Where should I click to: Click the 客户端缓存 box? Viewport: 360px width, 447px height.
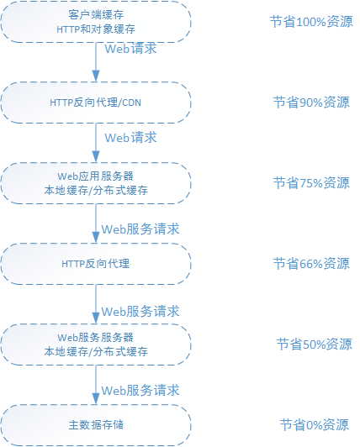click(96, 22)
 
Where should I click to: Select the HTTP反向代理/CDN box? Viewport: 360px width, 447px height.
click(96, 103)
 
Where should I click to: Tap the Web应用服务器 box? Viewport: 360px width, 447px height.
click(96, 183)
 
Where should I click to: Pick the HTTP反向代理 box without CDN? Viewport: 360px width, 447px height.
click(96, 264)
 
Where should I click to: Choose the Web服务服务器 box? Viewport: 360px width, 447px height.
click(96, 344)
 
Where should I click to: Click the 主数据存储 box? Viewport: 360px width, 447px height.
click(96, 425)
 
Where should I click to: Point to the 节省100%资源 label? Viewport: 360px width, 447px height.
click(311, 22)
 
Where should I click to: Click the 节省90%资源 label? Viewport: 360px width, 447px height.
click(311, 103)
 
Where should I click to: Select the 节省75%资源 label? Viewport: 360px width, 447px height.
click(311, 183)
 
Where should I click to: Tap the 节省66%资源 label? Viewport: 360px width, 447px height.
click(311, 264)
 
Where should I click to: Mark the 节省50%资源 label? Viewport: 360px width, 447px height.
click(314, 344)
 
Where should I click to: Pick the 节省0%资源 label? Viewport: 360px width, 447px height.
click(314, 425)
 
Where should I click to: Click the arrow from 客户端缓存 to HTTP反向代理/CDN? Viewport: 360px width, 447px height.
click(96, 62)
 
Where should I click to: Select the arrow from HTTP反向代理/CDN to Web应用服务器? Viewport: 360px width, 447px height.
click(96, 143)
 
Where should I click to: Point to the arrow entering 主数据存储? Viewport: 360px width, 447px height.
click(96, 385)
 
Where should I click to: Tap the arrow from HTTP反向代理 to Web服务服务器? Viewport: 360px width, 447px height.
click(96, 304)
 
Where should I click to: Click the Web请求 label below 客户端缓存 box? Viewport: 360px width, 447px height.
click(130, 49)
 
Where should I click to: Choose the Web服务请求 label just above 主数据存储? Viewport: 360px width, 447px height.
click(140, 391)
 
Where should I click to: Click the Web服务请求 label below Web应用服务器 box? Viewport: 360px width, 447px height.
click(140, 229)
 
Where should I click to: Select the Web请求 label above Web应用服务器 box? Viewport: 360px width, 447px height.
click(130, 138)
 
